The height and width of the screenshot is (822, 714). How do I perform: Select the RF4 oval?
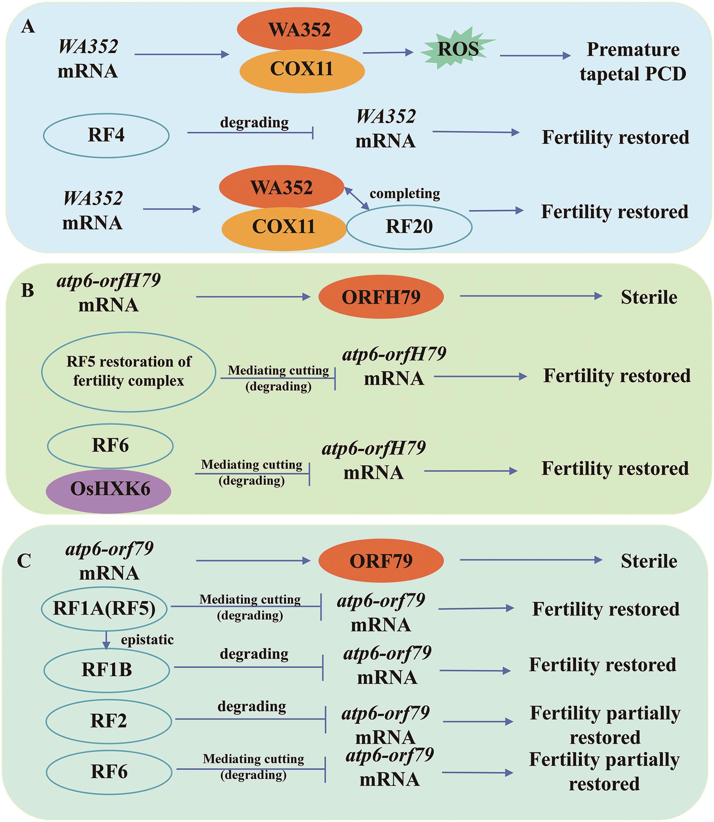coord(106,136)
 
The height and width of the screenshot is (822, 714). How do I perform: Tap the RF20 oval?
coord(409,227)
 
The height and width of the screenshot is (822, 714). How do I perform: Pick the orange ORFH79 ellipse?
coord(381,297)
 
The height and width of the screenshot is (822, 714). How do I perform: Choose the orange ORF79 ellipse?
coord(381,561)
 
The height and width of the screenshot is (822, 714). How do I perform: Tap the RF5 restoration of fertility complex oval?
coord(128,372)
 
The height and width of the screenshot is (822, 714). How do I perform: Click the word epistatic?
coord(147,640)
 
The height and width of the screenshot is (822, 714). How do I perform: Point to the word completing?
coord(405,194)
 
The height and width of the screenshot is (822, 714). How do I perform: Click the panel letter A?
coord(28,27)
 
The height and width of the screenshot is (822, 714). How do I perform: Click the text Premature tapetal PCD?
coord(633,61)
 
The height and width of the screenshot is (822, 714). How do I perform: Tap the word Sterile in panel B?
coord(649,298)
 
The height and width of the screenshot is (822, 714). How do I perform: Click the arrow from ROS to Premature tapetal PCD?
coord(535,56)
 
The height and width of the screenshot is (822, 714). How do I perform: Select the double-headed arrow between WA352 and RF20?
coord(357,198)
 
